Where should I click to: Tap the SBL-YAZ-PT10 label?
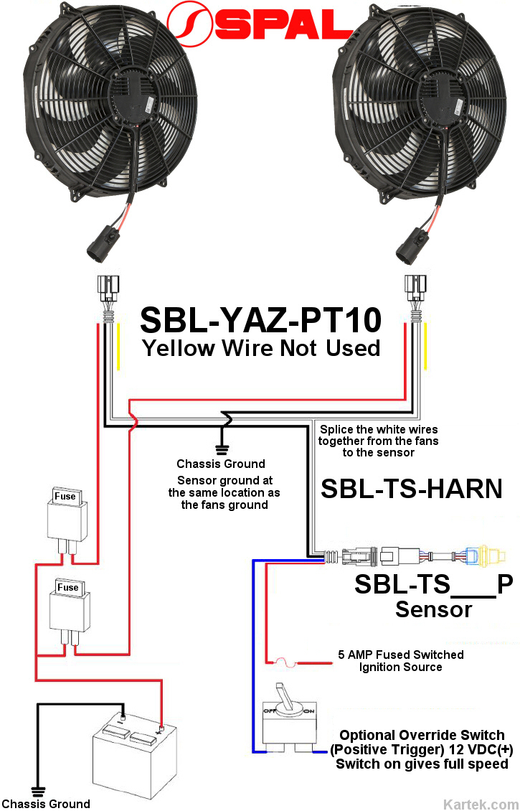[260, 320]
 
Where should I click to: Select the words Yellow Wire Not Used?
[260, 348]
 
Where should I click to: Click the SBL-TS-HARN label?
[411, 489]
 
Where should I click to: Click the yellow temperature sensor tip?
[495, 555]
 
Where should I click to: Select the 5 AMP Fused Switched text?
[400, 655]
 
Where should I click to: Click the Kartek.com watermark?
[481, 803]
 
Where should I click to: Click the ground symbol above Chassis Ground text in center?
[222, 445]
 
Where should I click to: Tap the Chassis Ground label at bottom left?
[46, 803]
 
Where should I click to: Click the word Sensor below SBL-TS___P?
[433, 610]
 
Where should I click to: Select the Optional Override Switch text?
[422, 735]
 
